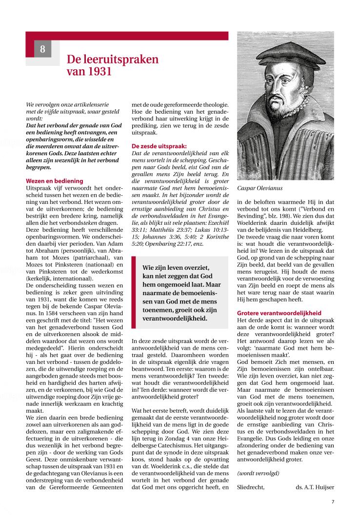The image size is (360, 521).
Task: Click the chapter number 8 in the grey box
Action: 42,49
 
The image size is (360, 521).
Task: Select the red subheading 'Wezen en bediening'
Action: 54,180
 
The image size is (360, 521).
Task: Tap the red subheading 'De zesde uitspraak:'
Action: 159,145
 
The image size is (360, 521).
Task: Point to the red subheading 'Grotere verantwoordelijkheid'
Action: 279,312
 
